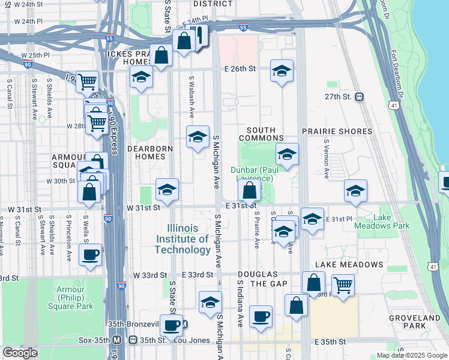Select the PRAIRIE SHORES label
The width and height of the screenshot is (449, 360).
pyautogui.click(x=330, y=130)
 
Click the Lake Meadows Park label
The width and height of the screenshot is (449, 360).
pyautogui.click(x=391, y=221)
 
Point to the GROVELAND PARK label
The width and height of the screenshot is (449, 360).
pyautogui.click(x=423, y=322)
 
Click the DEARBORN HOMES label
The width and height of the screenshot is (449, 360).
pyautogui.click(x=150, y=152)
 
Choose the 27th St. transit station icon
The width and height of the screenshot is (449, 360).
pyautogui.click(x=359, y=97)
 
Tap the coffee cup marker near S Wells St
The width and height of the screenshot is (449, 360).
pyautogui.click(x=90, y=255)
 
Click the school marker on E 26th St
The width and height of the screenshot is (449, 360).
pyautogui.click(x=282, y=71)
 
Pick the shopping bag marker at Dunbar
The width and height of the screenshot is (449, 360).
pyautogui.click(x=249, y=191)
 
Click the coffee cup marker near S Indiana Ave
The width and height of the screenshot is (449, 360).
pyautogui.click(x=261, y=317)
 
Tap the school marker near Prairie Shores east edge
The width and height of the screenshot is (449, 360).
pyautogui.click(x=355, y=191)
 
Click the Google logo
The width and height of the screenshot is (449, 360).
pyautogui.click(x=20, y=353)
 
